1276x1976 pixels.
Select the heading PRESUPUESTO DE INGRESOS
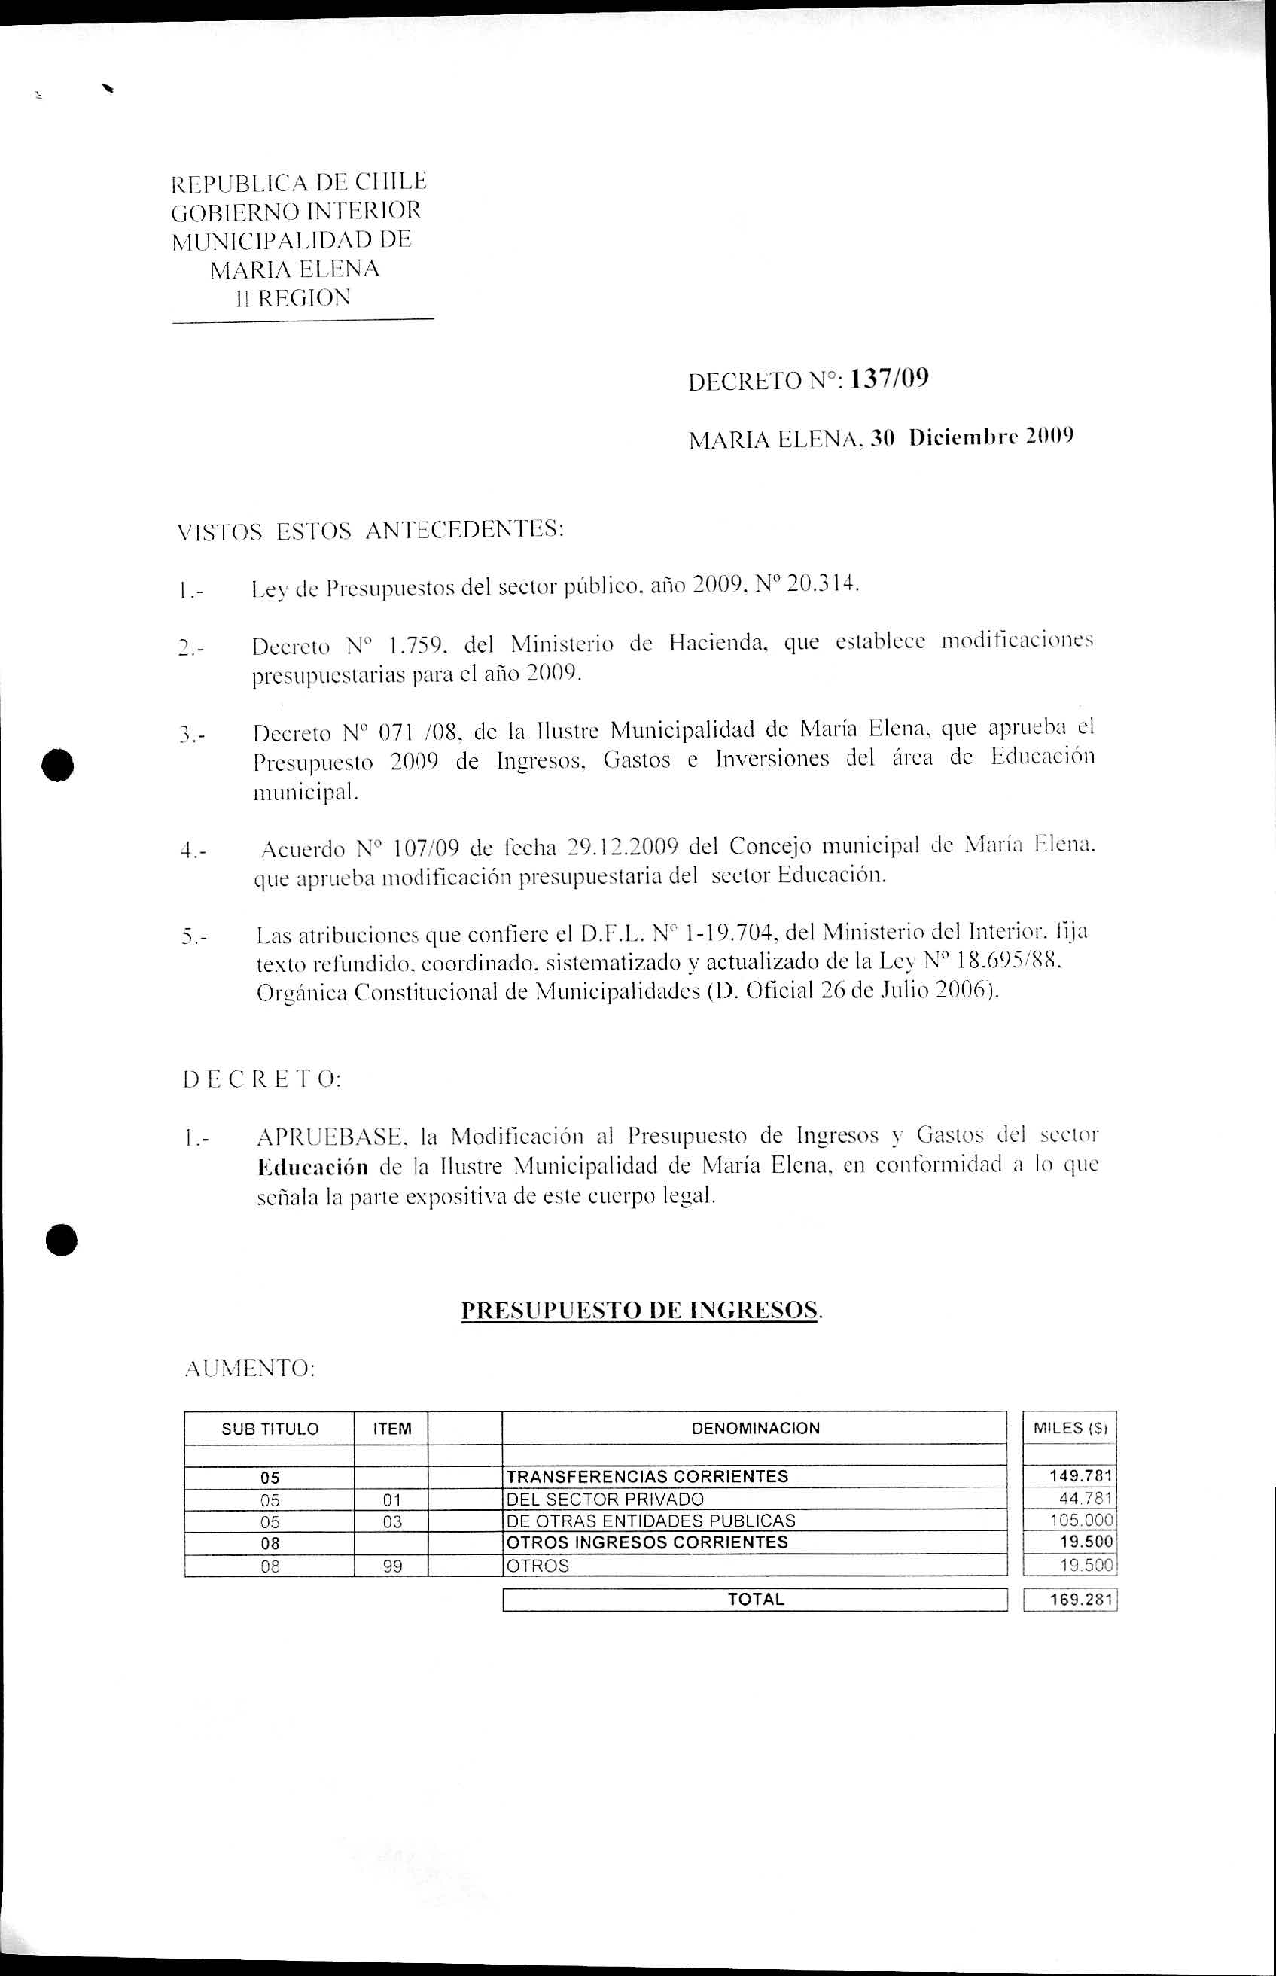pos(641,1310)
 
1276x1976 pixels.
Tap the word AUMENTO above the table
pos(248,1369)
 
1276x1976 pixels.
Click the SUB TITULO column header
pos(270,1428)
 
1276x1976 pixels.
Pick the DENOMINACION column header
pos(755,1427)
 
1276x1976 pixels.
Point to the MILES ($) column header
pos(1070,1427)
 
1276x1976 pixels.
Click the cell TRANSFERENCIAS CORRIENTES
pos(647,1476)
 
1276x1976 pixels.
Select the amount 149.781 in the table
pos(1080,1476)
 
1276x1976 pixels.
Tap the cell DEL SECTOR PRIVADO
pos(605,1499)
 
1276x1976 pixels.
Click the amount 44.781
pos(1085,1499)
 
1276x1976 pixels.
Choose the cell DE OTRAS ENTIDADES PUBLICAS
pos(650,1521)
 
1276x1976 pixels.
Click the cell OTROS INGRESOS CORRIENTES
pos(647,1542)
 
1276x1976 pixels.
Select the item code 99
pos(392,1566)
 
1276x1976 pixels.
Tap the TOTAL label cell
pos(755,1600)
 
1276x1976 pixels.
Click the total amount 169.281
pos(1080,1600)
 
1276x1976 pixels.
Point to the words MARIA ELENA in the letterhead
pos(294,269)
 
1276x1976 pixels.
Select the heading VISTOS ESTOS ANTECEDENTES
pos(370,530)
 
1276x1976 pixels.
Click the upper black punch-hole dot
pos(60,764)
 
